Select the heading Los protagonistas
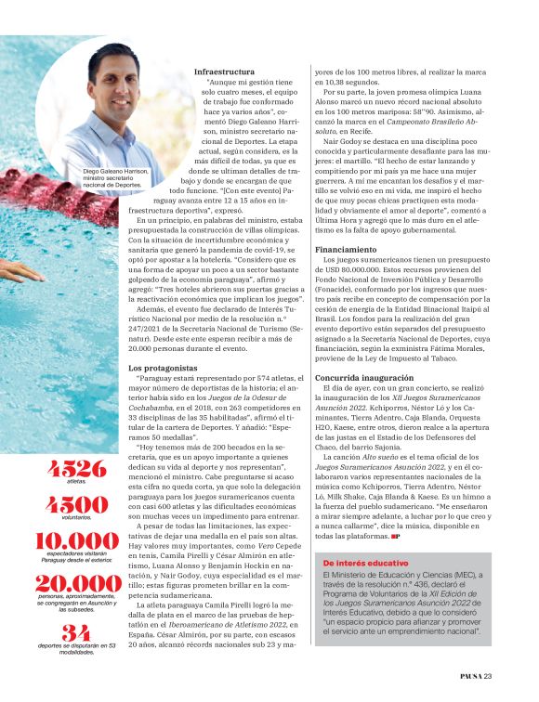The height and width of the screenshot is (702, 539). (x=159, y=369)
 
